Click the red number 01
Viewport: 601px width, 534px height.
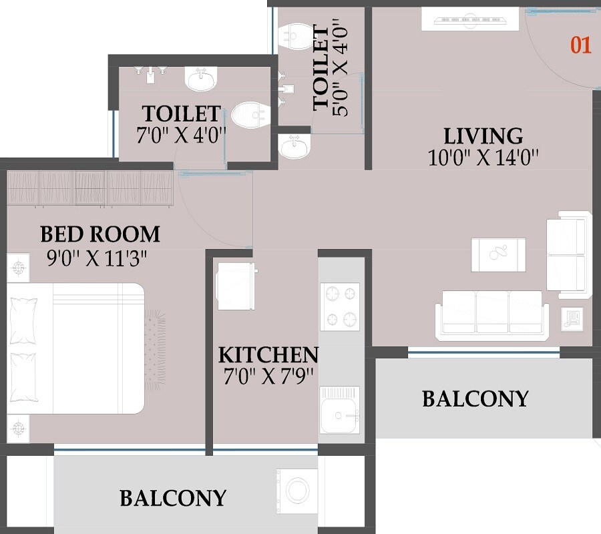tap(580, 45)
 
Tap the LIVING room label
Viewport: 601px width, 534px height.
tap(483, 136)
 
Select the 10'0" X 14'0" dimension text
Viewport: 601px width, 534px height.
tap(483, 157)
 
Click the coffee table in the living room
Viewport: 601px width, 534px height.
tap(498, 254)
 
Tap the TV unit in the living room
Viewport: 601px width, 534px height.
tap(469, 19)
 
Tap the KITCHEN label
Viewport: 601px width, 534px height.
tap(268, 354)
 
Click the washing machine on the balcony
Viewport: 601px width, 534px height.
tap(297, 491)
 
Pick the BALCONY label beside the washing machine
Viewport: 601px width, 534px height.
tap(173, 498)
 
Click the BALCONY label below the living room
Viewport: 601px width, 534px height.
tap(475, 399)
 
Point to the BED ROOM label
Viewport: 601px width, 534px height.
tap(100, 234)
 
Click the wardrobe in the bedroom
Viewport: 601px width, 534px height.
tap(90, 188)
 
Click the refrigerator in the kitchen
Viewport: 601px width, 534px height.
tap(235, 284)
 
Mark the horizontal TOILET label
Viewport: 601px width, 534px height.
tap(181, 112)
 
